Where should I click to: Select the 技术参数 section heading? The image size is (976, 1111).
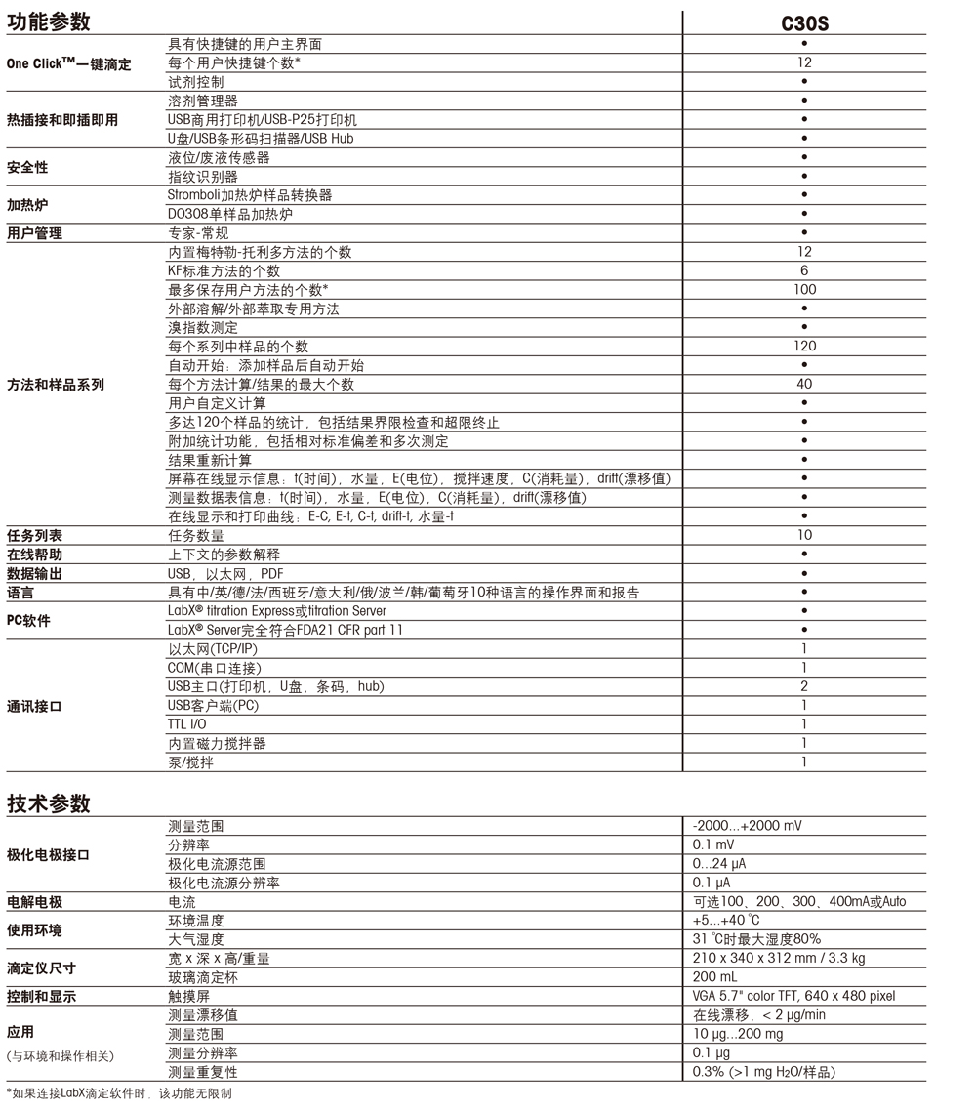point(49,802)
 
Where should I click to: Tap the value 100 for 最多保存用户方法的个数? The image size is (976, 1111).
point(804,290)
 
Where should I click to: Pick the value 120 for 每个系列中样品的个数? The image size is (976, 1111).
point(804,347)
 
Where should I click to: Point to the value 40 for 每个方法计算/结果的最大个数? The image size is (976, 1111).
point(804,385)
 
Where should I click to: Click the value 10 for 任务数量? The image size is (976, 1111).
point(804,535)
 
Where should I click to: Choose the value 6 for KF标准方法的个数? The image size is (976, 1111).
point(804,271)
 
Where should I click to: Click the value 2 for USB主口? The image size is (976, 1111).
point(804,686)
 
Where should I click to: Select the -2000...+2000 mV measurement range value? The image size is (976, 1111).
point(748,826)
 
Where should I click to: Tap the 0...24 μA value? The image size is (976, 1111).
point(720,864)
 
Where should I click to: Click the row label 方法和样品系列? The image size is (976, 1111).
point(56,385)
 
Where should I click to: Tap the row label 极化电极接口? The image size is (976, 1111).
point(48,854)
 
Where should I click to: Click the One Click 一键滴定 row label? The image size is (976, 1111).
point(68,64)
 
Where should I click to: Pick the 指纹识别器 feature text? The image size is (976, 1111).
point(203,177)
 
